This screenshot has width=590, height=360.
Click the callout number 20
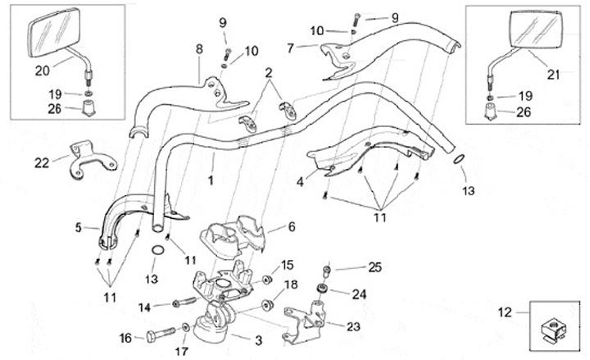click(x=40, y=71)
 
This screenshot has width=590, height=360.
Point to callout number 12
click(x=506, y=312)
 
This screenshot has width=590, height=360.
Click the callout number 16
click(x=125, y=337)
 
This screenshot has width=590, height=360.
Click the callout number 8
click(x=198, y=49)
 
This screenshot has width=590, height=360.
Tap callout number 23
click(x=353, y=326)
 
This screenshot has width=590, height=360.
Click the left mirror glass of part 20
click(x=51, y=34)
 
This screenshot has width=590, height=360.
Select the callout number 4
click(x=300, y=182)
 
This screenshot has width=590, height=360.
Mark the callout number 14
click(x=143, y=308)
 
